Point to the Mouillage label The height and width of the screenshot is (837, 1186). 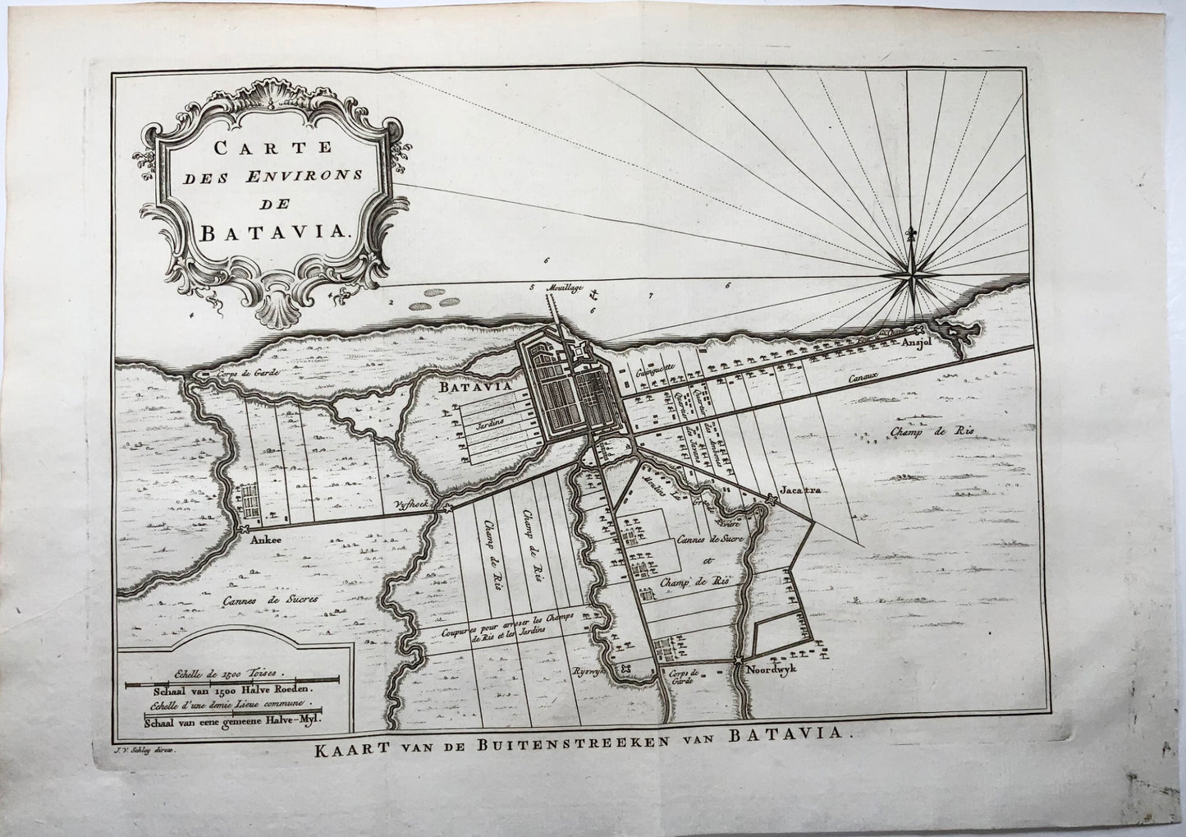pyautogui.click(x=561, y=288)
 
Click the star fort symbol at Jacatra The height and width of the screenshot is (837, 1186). pyautogui.click(x=771, y=499)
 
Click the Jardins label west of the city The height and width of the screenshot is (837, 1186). pyautogui.click(x=483, y=416)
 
